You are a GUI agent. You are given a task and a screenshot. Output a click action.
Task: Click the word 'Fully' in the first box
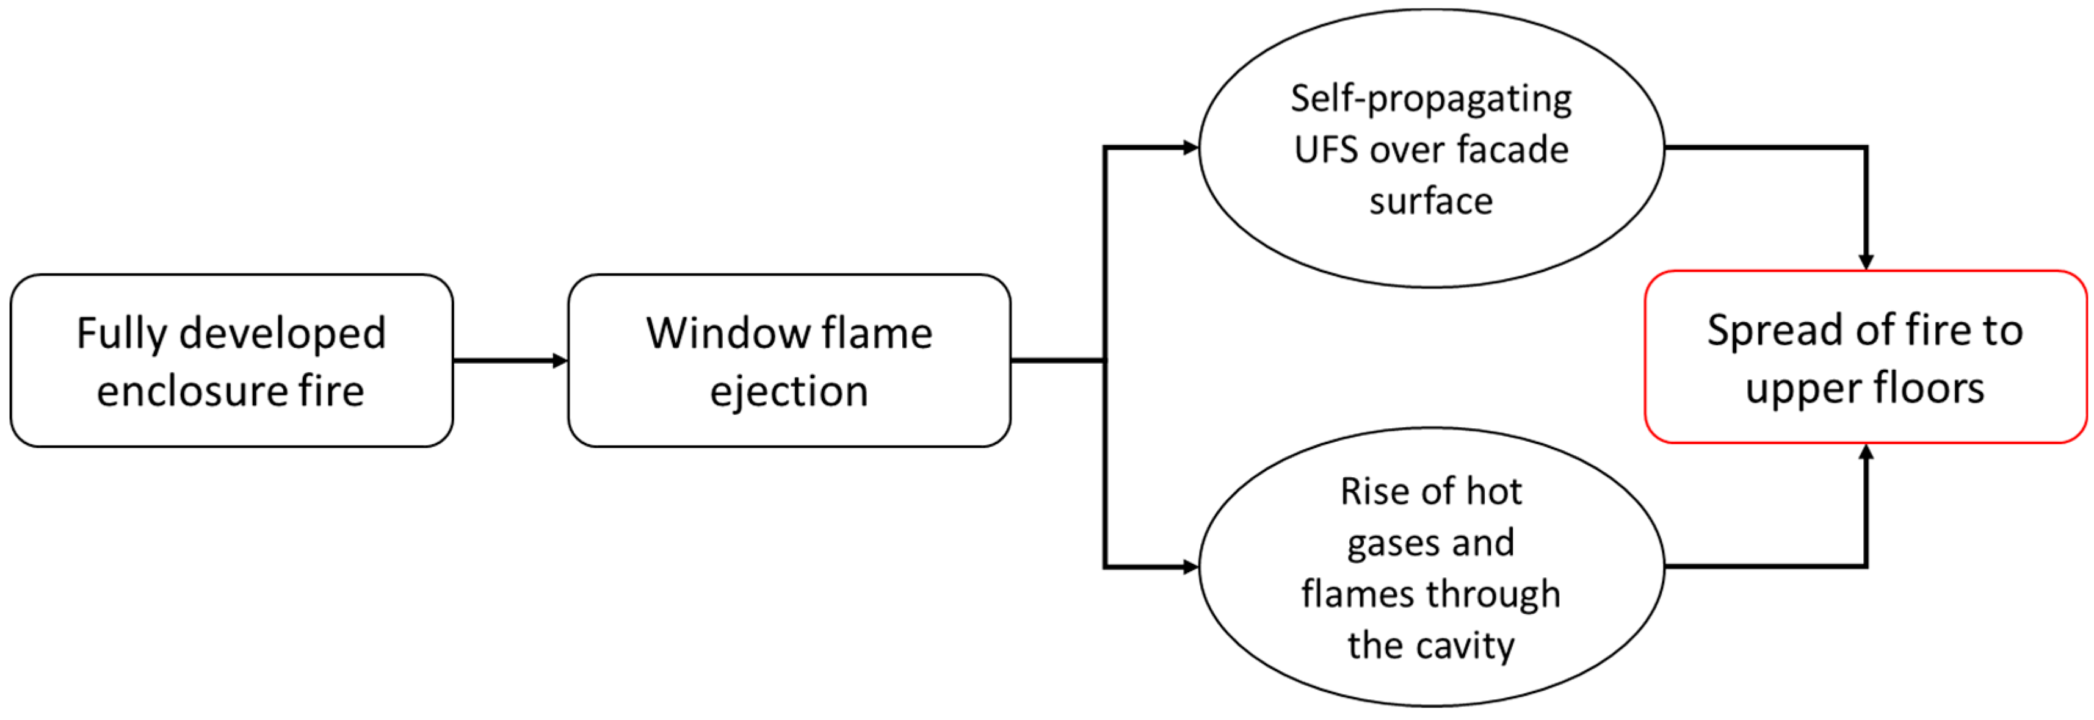coord(122,334)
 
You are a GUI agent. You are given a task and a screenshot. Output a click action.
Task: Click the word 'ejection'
coord(789,392)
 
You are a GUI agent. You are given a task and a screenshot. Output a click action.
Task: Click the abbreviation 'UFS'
coord(1325,150)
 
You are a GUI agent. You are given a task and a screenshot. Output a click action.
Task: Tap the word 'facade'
coord(1512,150)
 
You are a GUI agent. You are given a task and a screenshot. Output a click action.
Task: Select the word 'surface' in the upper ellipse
coord(1430,201)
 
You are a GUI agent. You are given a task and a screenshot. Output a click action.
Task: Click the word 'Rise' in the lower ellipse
coord(1374,492)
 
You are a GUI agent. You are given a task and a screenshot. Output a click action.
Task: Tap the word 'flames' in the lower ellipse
coord(1353,594)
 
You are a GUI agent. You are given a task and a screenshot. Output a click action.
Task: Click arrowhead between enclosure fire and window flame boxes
coord(559,361)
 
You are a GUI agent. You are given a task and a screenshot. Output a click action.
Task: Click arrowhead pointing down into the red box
coord(1866,262)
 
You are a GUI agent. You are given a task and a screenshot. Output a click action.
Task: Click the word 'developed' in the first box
coord(282,334)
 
